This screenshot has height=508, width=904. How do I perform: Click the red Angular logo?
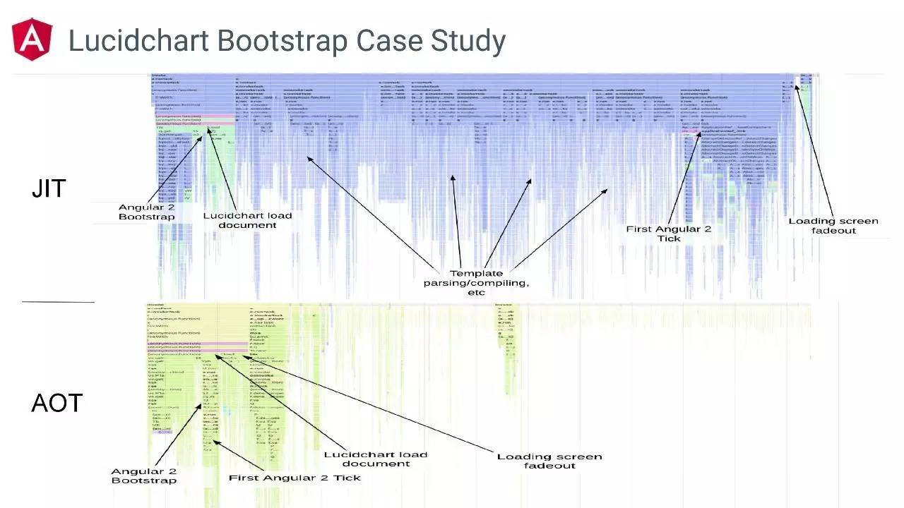click(x=32, y=40)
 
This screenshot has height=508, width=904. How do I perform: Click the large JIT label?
click(x=49, y=188)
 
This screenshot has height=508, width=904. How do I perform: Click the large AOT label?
click(x=56, y=404)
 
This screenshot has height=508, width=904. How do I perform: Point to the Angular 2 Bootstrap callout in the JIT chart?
click(x=146, y=212)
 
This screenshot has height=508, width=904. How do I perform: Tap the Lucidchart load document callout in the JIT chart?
click(x=247, y=220)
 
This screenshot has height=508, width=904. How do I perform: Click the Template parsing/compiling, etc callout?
click(x=476, y=282)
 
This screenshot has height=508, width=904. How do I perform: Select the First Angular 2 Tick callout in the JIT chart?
click(x=669, y=234)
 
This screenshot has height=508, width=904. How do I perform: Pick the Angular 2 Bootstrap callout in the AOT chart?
click(x=143, y=476)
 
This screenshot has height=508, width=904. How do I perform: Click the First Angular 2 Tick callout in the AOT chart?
click(x=295, y=478)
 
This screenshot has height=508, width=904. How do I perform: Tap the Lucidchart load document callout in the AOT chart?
click(x=376, y=459)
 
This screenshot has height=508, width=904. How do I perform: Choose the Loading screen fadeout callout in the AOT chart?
click(x=549, y=461)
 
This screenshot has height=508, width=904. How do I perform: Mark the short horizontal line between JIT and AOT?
click(x=58, y=302)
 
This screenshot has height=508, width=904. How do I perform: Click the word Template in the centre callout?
click(x=477, y=273)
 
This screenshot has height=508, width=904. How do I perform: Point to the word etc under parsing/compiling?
click(x=477, y=292)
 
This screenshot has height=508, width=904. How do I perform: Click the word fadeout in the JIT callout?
click(x=833, y=231)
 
